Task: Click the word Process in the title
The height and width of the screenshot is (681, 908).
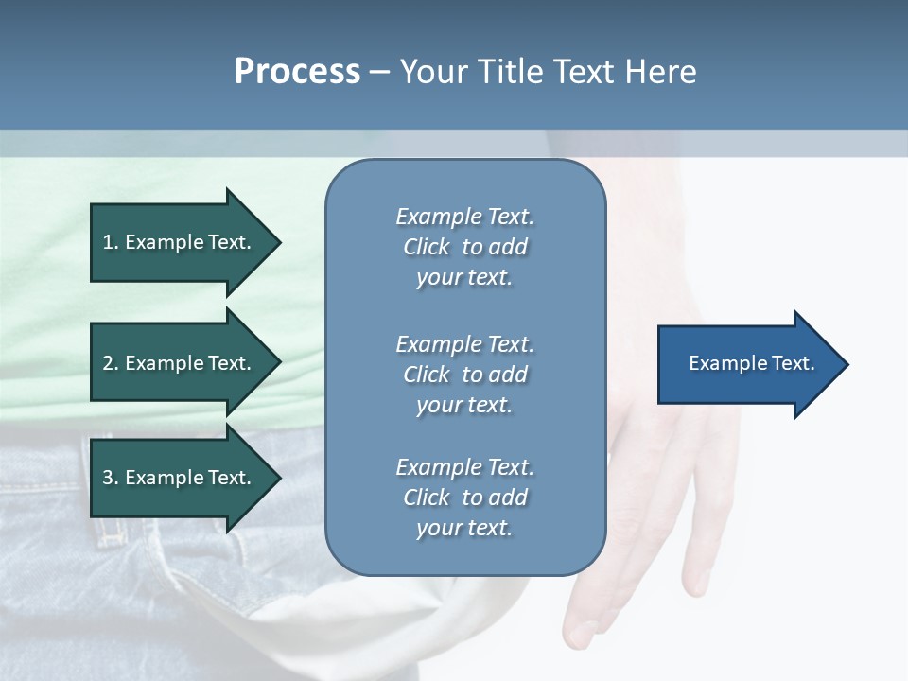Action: tap(297, 72)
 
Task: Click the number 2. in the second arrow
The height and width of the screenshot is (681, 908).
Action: tap(111, 363)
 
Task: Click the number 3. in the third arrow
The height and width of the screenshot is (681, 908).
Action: tap(111, 478)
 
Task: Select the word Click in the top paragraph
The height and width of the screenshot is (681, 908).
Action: tap(427, 247)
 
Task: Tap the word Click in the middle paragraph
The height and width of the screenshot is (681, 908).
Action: tap(427, 375)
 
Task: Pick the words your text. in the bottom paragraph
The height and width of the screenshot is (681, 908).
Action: tap(464, 528)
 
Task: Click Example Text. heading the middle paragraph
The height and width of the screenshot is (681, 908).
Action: tap(464, 344)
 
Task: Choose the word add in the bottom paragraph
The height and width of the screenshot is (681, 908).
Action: tap(509, 498)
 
